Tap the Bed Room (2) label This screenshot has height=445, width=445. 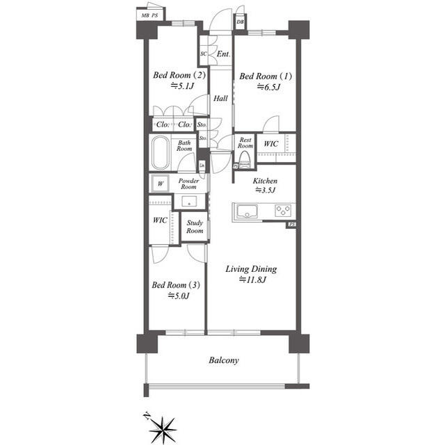point(179,76)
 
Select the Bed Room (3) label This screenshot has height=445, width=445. point(177,285)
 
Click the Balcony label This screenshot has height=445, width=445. point(224,361)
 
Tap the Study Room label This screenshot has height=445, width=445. point(195,227)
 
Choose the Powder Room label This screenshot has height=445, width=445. point(188,184)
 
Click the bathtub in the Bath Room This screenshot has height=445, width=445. point(161,152)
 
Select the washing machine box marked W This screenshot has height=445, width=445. point(160,184)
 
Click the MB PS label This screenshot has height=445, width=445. point(149,15)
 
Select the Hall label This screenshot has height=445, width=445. point(221,99)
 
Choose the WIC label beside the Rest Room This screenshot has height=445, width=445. point(270,144)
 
